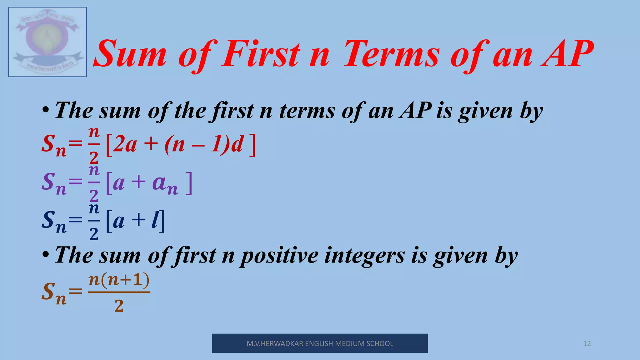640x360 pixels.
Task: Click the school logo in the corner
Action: click(x=47, y=42)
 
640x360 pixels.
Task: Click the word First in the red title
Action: click(x=261, y=54)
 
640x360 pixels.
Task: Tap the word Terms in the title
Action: click(x=392, y=54)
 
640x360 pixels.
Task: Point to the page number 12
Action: click(x=587, y=344)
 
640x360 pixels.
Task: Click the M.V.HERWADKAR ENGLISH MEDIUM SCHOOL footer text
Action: click(x=320, y=344)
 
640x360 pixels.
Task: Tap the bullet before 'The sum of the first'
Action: click(x=46, y=111)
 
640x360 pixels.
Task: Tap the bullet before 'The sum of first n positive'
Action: click(x=46, y=255)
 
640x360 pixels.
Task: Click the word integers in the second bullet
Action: click(x=364, y=256)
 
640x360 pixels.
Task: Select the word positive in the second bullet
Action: click(x=279, y=256)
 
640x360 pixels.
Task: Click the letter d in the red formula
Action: click(x=237, y=144)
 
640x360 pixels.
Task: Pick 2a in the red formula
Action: click(x=125, y=144)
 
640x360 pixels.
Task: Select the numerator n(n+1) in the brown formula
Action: click(x=119, y=280)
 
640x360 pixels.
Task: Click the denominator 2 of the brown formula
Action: click(x=119, y=306)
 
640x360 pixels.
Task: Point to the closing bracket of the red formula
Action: click(x=252, y=145)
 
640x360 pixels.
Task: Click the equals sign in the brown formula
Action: click(x=75, y=292)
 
